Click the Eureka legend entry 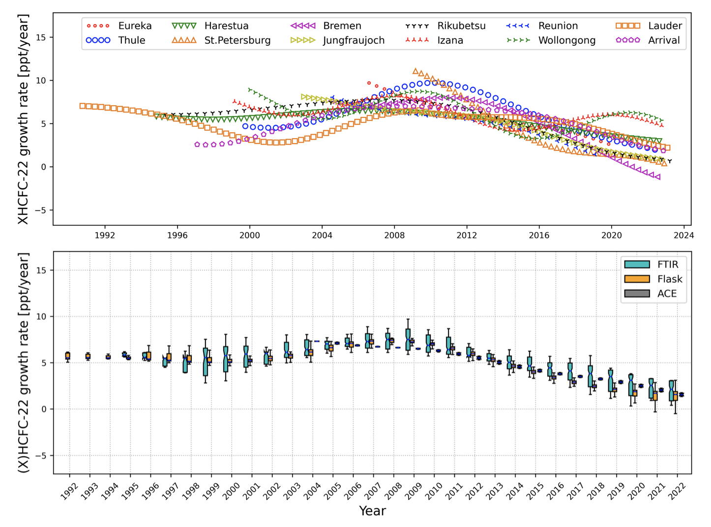[x=134, y=26]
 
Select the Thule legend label [x=131, y=40]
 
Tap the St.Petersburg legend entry [x=237, y=40]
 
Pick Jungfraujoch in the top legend [x=354, y=40]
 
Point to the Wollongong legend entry [x=566, y=40]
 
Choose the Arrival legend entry [x=664, y=40]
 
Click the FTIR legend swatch [x=637, y=264]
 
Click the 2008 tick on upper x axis [x=394, y=235]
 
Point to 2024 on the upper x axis [x=684, y=235]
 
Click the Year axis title [x=372, y=511]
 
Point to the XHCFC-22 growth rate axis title [x=23, y=119]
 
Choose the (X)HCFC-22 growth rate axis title [x=23, y=363]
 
